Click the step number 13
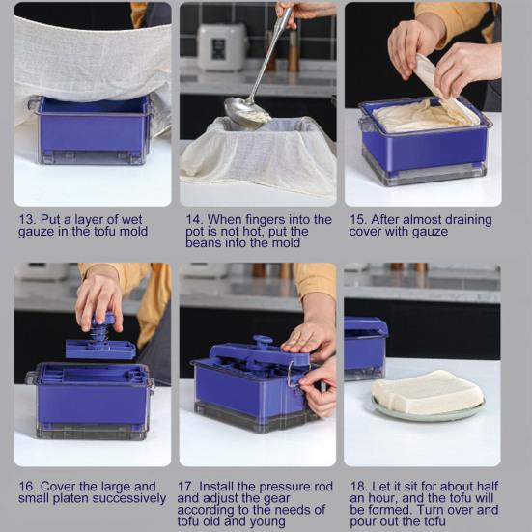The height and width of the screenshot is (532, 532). [26, 219]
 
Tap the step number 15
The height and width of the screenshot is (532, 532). [358, 219]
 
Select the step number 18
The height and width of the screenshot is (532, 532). [358, 487]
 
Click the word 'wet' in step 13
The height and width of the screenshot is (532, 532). [131, 220]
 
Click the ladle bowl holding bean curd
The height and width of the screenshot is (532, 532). [247, 113]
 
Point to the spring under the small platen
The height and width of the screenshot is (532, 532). [99, 333]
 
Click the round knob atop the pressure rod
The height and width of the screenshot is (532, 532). [262, 340]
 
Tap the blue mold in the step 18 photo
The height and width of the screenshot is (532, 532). [366, 349]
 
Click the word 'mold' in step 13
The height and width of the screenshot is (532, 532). [133, 232]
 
